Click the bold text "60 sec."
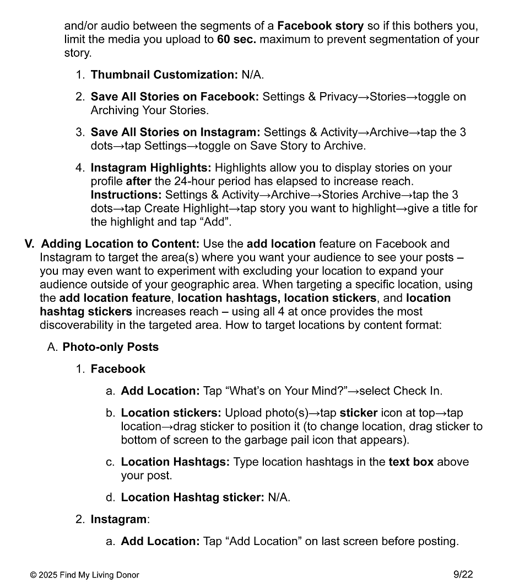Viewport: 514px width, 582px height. [236, 40]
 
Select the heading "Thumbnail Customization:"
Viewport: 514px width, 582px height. [164, 75]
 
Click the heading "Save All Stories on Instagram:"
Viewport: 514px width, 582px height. [175, 132]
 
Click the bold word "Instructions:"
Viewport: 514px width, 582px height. [126, 195]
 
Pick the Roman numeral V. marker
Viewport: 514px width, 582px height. [30, 244]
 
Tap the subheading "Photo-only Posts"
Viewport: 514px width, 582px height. [110, 348]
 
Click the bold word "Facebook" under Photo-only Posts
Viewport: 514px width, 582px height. [118, 369]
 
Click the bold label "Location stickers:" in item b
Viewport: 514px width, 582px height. [171, 413]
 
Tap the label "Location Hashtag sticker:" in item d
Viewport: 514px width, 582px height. [192, 498]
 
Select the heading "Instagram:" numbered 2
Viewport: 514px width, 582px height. [120, 520]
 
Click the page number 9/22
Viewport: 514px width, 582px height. [463, 574]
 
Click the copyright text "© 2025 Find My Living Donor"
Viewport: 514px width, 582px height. [84, 575]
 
